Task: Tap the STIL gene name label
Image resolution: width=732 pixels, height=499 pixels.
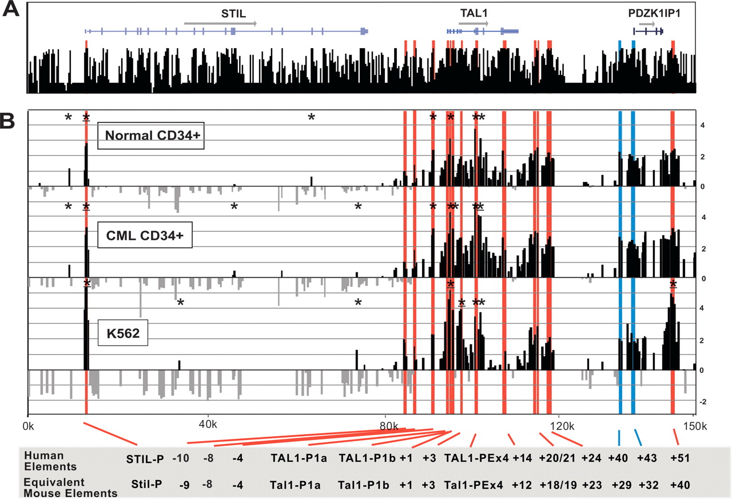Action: tap(233, 13)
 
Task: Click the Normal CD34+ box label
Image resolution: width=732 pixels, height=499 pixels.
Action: tap(151, 135)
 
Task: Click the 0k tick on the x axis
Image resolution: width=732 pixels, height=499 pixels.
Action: tap(27, 426)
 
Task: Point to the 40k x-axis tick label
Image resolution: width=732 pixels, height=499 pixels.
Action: tap(207, 426)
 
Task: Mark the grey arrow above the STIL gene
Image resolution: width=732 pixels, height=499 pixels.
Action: tap(220, 23)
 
